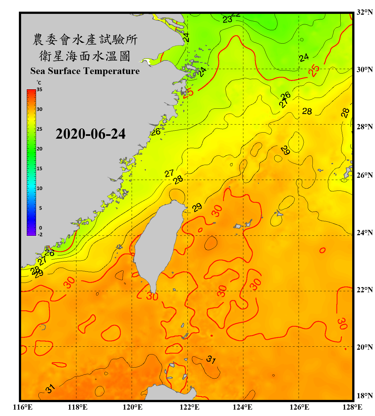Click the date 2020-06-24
[91, 134]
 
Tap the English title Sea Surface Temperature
[85, 71]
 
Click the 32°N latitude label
[365, 12]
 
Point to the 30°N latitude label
[365, 69]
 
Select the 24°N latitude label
[365, 232]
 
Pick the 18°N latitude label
[365, 395]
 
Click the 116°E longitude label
[22, 407]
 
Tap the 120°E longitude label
[132, 407]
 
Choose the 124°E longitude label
[242, 407]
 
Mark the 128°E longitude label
[352, 407]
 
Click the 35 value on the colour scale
[39, 90]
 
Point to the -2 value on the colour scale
[40, 235]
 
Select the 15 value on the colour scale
[39, 169]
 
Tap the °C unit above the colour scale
[39, 83]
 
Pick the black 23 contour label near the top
[227, 19]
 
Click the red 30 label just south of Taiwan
[152, 296]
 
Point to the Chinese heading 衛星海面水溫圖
[85, 56]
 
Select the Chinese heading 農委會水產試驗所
[85, 39]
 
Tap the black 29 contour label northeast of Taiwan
[197, 207]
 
